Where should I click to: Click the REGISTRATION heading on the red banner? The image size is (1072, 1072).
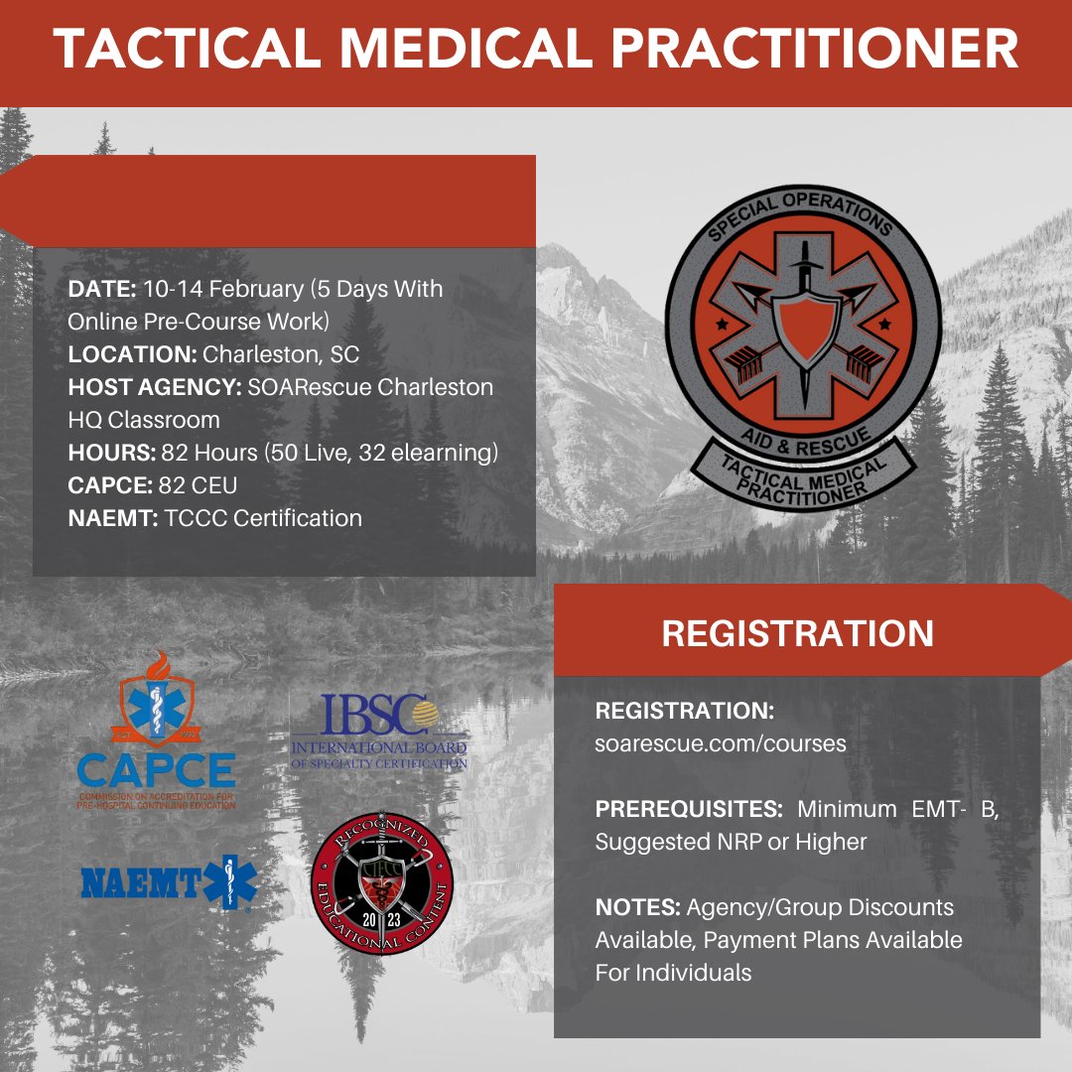[797, 633]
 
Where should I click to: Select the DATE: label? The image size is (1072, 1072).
[102, 290]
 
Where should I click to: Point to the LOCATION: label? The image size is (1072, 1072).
[132, 354]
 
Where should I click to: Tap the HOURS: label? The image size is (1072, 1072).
[110, 453]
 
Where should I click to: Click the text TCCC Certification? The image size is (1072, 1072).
[262, 517]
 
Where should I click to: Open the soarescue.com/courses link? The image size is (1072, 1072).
[721, 742]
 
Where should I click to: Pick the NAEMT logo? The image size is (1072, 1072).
[168, 881]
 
